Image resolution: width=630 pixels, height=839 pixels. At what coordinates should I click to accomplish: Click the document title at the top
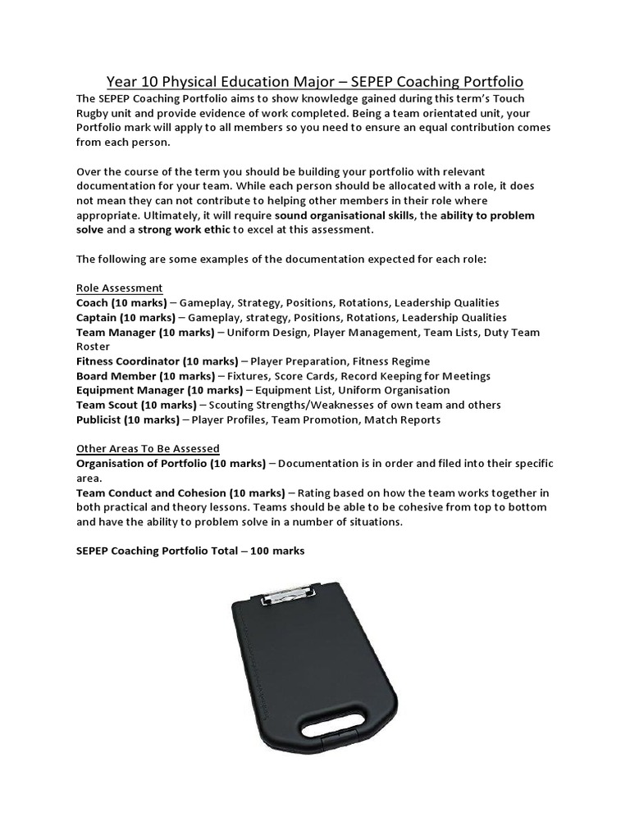click(x=315, y=82)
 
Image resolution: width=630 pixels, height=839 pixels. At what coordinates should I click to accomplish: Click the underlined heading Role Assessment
click(x=119, y=288)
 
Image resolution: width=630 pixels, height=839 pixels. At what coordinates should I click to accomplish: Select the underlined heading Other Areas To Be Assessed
click(x=148, y=448)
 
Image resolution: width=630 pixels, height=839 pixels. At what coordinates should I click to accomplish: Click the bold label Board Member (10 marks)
click(x=141, y=376)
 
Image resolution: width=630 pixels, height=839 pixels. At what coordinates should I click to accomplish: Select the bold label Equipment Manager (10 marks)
click(x=159, y=391)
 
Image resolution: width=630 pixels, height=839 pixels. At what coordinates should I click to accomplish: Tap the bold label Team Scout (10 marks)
click(x=135, y=406)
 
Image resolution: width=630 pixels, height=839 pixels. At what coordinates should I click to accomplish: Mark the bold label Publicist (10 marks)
click(x=127, y=420)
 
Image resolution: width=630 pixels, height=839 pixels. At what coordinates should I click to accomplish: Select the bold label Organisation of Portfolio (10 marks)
click(x=171, y=463)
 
